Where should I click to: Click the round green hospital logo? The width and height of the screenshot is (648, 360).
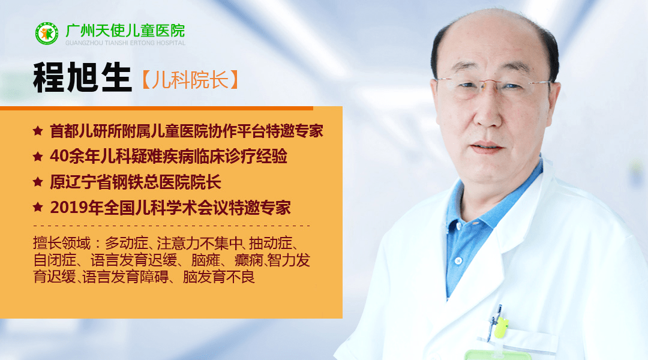click(47, 34)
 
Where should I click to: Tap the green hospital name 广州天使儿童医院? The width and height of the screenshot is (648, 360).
click(125, 31)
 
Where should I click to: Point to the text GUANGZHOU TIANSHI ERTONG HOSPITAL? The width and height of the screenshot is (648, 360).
click(125, 43)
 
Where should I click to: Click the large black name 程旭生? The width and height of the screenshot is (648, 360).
click(82, 77)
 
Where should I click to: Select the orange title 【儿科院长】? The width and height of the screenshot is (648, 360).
click(190, 80)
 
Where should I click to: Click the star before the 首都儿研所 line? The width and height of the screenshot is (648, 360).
click(38, 131)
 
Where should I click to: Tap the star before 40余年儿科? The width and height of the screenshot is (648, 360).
click(38, 156)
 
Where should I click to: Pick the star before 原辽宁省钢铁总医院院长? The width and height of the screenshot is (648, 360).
click(38, 181)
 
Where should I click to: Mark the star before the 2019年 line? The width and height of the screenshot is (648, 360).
click(38, 206)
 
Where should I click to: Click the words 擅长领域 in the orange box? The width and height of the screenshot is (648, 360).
click(62, 243)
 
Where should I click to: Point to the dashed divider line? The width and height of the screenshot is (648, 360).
click(172, 226)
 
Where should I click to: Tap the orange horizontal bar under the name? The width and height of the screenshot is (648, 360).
click(156, 108)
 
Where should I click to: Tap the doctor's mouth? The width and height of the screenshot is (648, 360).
click(487, 147)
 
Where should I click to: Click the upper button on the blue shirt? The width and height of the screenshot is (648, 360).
click(457, 226)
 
